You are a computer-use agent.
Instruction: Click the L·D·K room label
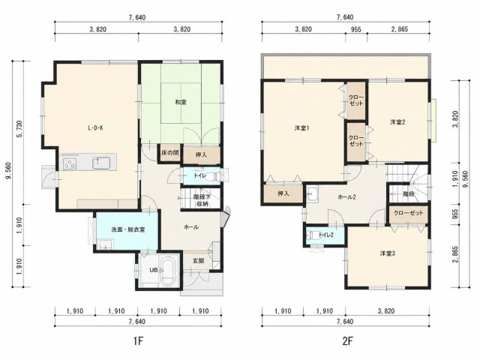[x=95, y=128]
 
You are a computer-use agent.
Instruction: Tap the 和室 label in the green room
[x=181, y=102]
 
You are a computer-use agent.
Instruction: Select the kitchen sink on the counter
[x=101, y=163]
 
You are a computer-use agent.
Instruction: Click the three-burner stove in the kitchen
[x=70, y=163]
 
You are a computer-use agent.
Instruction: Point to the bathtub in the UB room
[x=168, y=271]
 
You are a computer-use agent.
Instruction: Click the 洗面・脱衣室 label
[x=128, y=229]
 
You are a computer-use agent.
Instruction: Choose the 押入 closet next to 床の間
[x=201, y=155]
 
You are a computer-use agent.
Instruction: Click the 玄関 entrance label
[x=198, y=261]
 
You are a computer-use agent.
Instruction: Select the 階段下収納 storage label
[x=202, y=200]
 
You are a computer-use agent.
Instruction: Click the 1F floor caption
[x=138, y=340]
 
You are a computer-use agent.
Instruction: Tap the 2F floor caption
[x=348, y=340]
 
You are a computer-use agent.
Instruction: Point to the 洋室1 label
[x=301, y=128]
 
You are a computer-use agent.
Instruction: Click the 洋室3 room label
[x=387, y=253]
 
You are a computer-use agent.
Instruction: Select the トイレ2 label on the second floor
[x=325, y=235]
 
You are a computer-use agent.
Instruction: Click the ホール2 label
[x=346, y=197]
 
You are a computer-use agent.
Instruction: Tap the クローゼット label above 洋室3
[x=408, y=213]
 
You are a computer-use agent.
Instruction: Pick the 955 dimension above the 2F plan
[x=356, y=29]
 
